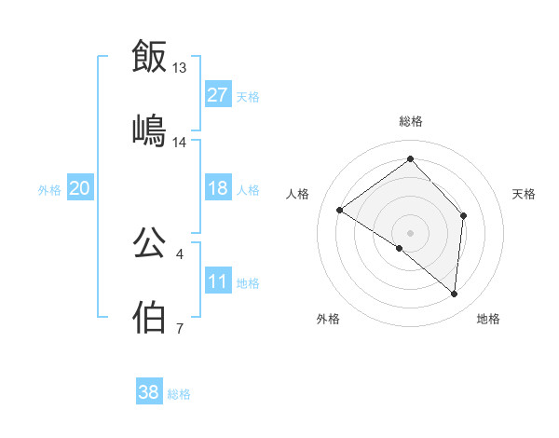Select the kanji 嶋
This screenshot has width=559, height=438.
coord(149,130)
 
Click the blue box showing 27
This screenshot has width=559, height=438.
coord(218,94)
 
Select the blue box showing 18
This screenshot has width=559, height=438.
coord(218,188)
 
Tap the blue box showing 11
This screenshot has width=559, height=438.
coord(218,281)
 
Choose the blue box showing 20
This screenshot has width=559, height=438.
coord(80,188)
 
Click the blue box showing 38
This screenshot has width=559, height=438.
coord(149,392)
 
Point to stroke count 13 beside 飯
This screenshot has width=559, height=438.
coord(180,68)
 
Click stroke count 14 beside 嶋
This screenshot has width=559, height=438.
coord(180,143)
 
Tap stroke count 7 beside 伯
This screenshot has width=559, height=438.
coord(180,329)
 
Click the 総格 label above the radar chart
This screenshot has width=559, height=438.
coord(410,121)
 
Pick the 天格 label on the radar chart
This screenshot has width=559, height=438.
coord(525,194)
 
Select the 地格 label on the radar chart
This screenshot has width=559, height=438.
coord(488,320)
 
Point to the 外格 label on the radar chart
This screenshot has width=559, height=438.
coord(328,320)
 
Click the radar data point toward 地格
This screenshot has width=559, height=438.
coord(454,294)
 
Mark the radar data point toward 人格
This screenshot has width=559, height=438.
coord(340,210)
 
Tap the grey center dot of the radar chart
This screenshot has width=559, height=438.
coord(410,232)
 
